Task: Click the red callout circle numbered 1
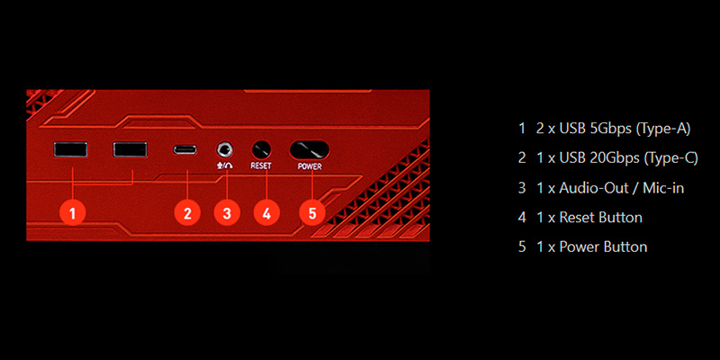click(72, 213)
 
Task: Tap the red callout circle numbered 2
click(187, 213)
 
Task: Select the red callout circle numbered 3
click(227, 213)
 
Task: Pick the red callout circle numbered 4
click(265, 213)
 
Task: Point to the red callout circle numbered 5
click(311, 213)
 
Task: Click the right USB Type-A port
click(130, 150)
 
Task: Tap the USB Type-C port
click(188, 150)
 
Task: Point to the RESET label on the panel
click(261, 166)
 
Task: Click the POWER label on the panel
click(309, 166)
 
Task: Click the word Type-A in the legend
click(663, 129)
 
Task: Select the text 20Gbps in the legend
click(611, 158)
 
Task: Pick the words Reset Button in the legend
click(601, 218)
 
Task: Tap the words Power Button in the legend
click(603, 247)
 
